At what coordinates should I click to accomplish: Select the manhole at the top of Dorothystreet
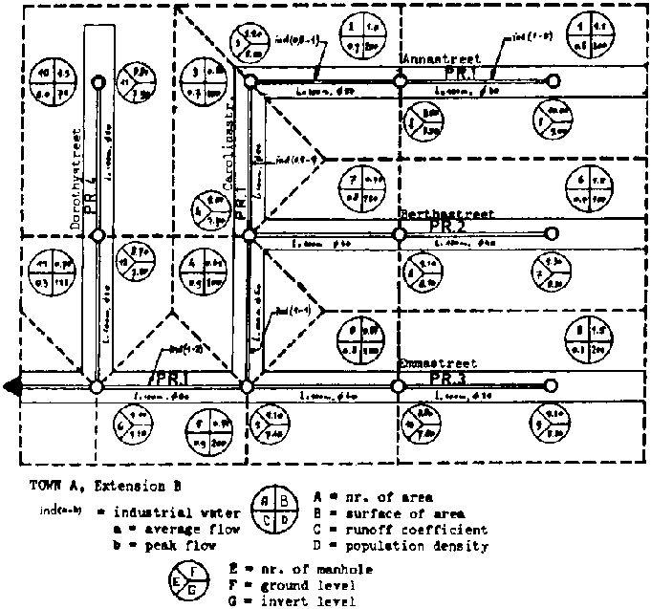[x=97, y=83]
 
